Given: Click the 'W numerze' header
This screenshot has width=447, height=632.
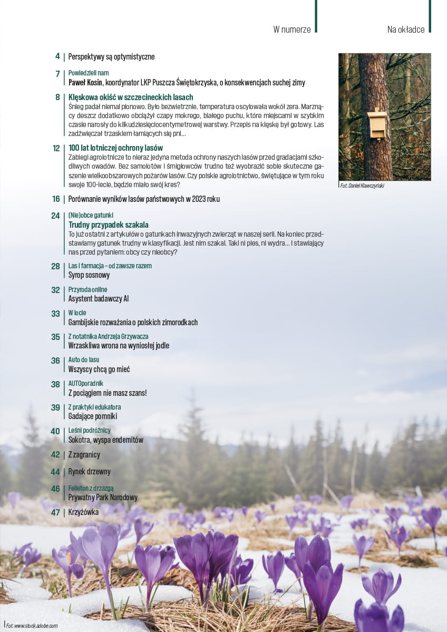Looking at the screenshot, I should [x=291, y=30].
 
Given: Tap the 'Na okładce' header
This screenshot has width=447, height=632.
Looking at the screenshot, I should [x=405, y=30].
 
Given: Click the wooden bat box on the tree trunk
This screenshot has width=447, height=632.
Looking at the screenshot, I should [x=377, y=124].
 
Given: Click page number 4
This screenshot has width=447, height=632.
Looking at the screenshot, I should [x=57, y=56].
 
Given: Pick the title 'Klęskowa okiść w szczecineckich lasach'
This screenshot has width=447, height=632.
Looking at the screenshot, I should [x=131, y=97].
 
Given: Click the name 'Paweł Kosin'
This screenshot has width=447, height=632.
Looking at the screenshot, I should [x=85, y=82].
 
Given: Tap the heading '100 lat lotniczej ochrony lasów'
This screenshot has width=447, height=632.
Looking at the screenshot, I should [x=115, y=148].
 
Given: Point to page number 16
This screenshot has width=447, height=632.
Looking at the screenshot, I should [x=56, y=199].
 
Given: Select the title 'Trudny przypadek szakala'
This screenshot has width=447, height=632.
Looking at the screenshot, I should [x=108, y=225].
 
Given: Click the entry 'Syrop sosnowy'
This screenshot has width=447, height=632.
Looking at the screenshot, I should [x=89, y=275].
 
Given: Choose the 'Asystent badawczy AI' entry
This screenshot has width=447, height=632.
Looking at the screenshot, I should [x=99, y=298].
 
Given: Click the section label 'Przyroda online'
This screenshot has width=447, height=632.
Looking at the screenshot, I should [x=88, y=289].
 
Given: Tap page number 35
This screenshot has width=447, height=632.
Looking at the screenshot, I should [x=55, y=337].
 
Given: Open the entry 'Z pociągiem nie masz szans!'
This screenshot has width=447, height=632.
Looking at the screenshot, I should [x=108, y=393].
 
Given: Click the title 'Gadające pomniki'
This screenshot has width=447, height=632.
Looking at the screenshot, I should [x=93, y=416].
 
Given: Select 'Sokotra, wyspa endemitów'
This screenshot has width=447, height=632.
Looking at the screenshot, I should [x=105, y=440].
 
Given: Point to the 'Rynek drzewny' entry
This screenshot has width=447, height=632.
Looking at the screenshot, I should [x=90, y=471].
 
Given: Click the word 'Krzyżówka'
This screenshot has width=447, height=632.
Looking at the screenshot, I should [x=83, y=512].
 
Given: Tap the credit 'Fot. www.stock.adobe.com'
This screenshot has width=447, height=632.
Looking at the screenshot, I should [x=32, y=626].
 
